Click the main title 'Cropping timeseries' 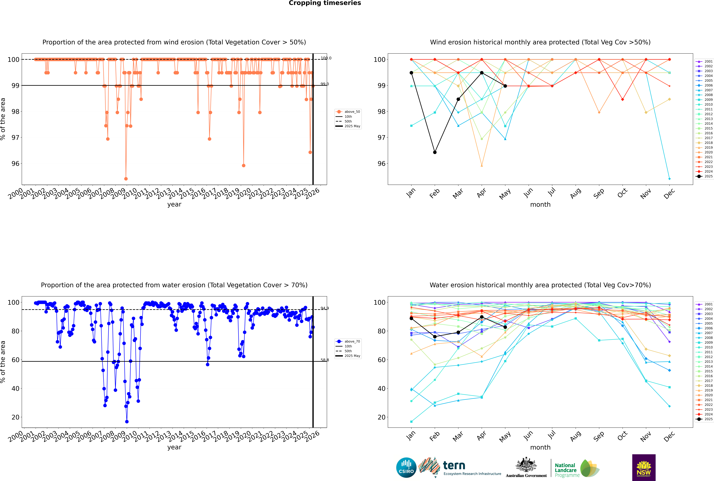point(325,3)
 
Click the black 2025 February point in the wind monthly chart point(435,152)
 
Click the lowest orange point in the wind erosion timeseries point(126,179)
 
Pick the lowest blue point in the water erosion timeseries point(127,421)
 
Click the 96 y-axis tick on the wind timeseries point(15,164)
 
